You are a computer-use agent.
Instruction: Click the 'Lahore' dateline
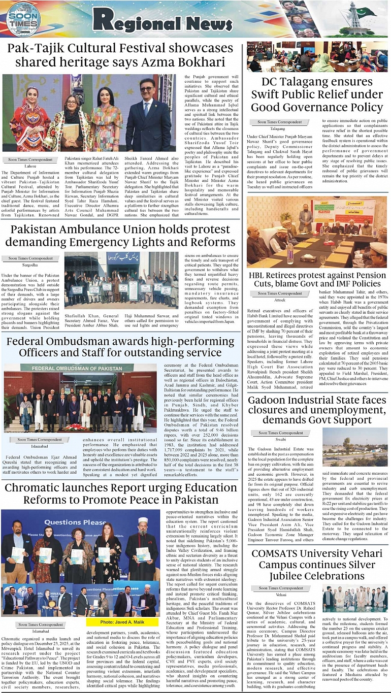click(30, 166)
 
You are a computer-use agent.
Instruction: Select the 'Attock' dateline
click(279, 300)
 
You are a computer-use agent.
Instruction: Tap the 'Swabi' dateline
click(281, 439)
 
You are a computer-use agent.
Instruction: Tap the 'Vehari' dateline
click(281, 595)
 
